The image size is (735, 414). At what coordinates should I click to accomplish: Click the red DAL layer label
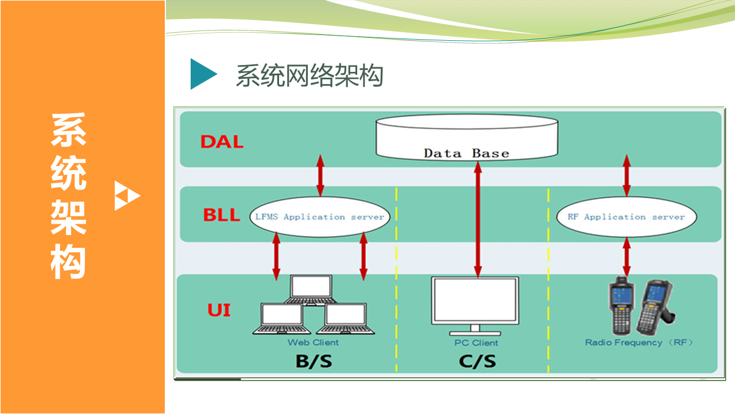pyautogui.click(x=222, y=142)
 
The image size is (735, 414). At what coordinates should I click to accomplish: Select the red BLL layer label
pyautogui.click(x=222, y=215)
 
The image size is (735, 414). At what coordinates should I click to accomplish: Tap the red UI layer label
pyautogui.click(x=219, y=310)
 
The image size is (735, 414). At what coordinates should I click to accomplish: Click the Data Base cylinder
pyautogui.click(x=467, y=137)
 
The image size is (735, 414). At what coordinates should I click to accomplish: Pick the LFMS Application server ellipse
pyautogui.click(x=320, y=217)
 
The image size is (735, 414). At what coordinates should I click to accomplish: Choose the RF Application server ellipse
pyautogui.click(x=626, y=217)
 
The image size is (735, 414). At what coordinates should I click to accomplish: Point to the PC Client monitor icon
pyautogui.click(x=475, y=306)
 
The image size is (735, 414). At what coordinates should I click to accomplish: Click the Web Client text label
pyautogui.click(x=313, y=342)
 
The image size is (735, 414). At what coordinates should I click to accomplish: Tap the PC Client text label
pyautogui.click(x=476, y=343)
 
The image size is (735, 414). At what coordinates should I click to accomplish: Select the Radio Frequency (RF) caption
pyautogui.click(x=639, y=342)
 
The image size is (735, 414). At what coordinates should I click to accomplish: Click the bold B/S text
pyautogui.click(x=314, y=361)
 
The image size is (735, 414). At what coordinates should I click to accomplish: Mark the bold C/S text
pyautogui.click(x=477, y=361)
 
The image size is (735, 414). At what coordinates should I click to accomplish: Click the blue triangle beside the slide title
pyautogui.click(x=202, y=74)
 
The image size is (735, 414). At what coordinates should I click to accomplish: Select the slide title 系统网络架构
pyautogui.click(x=310, y=75)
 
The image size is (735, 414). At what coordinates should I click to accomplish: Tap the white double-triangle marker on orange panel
pyautogui.click(x=127, y=195)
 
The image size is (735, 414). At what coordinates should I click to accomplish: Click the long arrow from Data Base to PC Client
pyautogui.click(x=478, y=220)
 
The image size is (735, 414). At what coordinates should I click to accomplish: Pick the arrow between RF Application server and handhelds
pyautogui.click(x=626, y=257)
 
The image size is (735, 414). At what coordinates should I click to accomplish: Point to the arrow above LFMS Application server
pyautogui.click(x=320, y=176)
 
